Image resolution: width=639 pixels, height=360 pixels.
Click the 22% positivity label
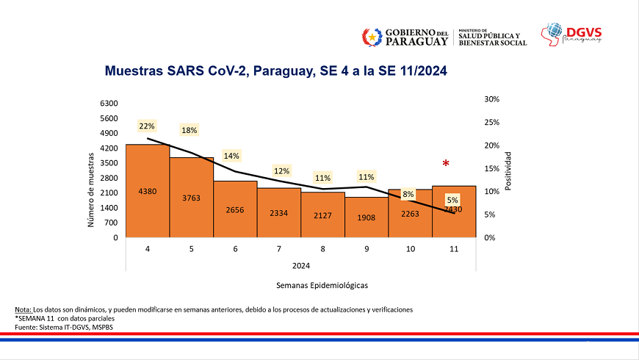(147, 126)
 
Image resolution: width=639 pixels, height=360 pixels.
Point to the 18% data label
(189, 130)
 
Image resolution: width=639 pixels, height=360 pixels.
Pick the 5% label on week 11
(452, 200)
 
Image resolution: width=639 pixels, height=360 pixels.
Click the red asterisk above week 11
(445, 164)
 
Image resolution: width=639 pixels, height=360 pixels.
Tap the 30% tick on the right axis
(492, 99)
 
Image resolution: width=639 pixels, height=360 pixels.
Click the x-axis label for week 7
(279, 249)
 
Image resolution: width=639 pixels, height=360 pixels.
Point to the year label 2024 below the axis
(300, 264)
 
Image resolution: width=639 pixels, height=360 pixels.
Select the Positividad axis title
(508, 172)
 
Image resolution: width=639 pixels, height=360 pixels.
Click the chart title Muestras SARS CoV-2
(275, 72)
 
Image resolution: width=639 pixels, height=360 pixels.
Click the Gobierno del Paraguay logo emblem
(372, 36)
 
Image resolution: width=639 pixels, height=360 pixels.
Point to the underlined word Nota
(24, 309)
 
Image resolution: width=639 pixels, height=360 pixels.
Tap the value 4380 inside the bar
(148, 191)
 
